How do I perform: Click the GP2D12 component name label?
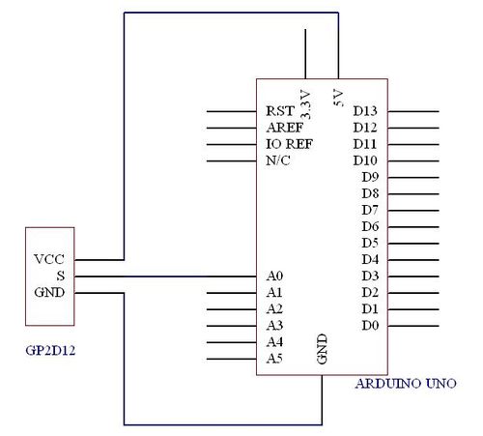50,350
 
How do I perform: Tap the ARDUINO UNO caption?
406,384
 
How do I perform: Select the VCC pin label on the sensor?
49,259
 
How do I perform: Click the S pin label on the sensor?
61,276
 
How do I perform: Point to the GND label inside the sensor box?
49,292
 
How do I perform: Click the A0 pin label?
274,276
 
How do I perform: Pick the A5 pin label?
274,359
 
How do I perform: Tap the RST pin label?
280,111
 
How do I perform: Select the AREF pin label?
285,128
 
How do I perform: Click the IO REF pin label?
289,144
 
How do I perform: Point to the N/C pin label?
278,160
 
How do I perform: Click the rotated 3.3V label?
305,104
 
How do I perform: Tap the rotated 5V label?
338,98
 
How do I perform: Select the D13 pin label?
365,111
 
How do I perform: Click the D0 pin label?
370,326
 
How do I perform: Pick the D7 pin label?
369,210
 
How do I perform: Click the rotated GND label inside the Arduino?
322,349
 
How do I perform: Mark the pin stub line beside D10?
413,160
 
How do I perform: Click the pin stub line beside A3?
232,326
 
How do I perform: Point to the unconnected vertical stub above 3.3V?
305,54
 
